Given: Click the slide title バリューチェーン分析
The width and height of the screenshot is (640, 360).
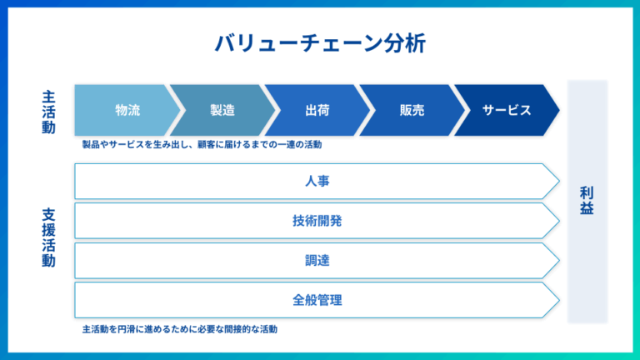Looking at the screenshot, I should pos(320,43).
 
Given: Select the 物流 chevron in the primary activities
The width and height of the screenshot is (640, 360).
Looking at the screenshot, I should pos(127,110).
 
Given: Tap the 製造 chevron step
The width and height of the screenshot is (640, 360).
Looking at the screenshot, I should pos(222,110).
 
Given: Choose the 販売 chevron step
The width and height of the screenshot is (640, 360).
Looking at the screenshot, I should pos(412,110).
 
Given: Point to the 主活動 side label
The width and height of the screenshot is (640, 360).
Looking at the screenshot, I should pos(49,110).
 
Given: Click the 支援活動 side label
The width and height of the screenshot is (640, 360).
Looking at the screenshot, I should pos(49,237).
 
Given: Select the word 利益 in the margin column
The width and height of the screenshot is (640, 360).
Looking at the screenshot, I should pos(587,201).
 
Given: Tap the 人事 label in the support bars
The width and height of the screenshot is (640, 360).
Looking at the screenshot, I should pos(317,181).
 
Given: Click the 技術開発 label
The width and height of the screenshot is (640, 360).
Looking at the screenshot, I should pos(317,221).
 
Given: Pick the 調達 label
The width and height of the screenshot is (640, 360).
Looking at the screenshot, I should pos(317,261).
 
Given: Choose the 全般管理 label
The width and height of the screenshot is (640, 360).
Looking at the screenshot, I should pos(317,300).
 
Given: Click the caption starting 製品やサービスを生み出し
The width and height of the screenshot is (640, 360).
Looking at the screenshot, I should pos(202,144).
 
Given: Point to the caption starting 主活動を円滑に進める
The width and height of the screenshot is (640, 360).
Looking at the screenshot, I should pos(180,328).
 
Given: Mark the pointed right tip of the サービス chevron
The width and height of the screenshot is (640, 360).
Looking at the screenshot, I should pos(557,110).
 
